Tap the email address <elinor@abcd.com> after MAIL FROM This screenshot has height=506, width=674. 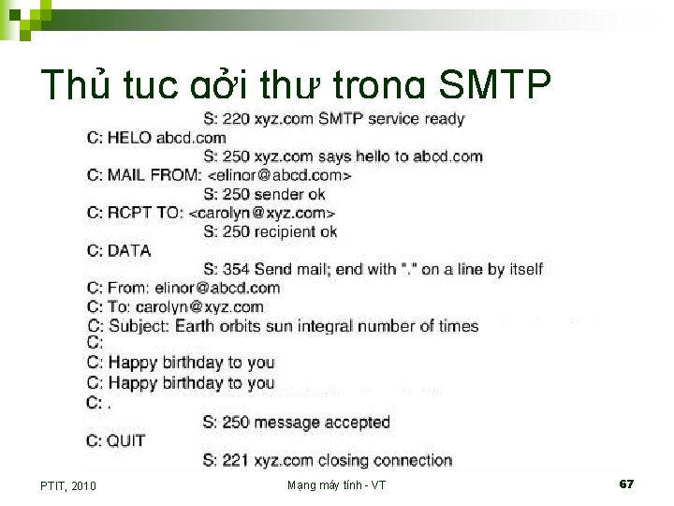[x=279, y=175]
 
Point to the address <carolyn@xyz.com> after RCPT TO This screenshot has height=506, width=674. [x=261, y=213]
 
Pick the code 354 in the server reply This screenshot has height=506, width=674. [x=236, y=269]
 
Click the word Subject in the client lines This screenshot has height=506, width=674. [x=139, y=326]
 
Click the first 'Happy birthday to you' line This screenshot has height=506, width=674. [x=191, y=363]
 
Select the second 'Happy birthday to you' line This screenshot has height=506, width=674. [x=191, y=382]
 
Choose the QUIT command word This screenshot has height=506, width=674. [x=127, y=440]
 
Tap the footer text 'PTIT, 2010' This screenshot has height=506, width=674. [x=68, y=485]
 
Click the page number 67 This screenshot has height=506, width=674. [x=626, y=484]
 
